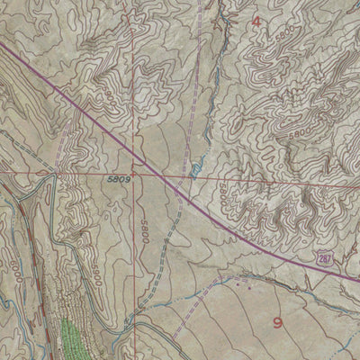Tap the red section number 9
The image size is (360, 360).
pyautogui.click(x=278, y=321)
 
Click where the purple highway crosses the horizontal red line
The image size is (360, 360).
pyautogui.click(x=170, y=176)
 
